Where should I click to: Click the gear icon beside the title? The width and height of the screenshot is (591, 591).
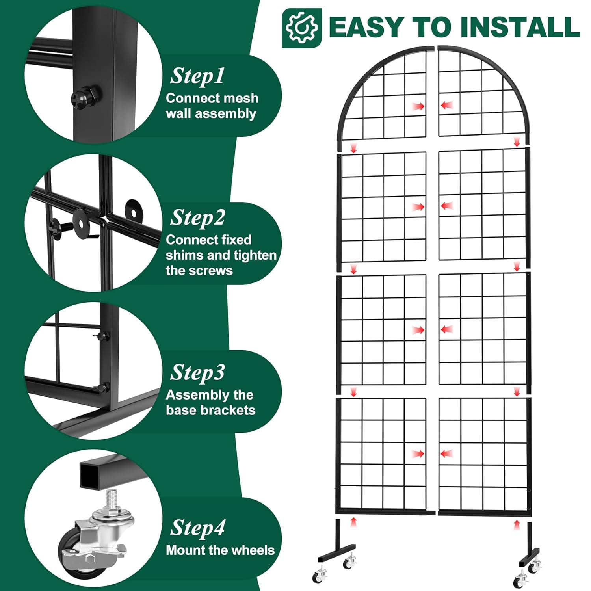301,28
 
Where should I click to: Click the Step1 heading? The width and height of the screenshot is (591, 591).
197,76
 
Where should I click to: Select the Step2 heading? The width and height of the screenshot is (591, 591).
197,217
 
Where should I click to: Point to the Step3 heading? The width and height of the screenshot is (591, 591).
197,373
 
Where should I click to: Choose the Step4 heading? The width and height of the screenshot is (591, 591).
197,528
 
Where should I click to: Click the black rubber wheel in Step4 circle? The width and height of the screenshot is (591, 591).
73,552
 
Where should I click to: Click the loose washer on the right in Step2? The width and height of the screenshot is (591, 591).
134,210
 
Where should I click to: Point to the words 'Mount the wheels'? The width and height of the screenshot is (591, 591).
220,550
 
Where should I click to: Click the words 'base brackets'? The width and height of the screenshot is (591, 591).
211,410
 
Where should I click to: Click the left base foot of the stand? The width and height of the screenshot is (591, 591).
337,552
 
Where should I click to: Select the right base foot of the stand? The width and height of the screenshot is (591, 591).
529,556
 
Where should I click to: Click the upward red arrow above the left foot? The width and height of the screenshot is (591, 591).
354,522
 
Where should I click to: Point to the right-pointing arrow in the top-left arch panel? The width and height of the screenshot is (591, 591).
418,106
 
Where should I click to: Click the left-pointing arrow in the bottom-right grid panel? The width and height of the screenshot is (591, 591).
447,453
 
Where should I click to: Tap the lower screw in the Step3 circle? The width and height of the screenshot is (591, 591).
103,387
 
